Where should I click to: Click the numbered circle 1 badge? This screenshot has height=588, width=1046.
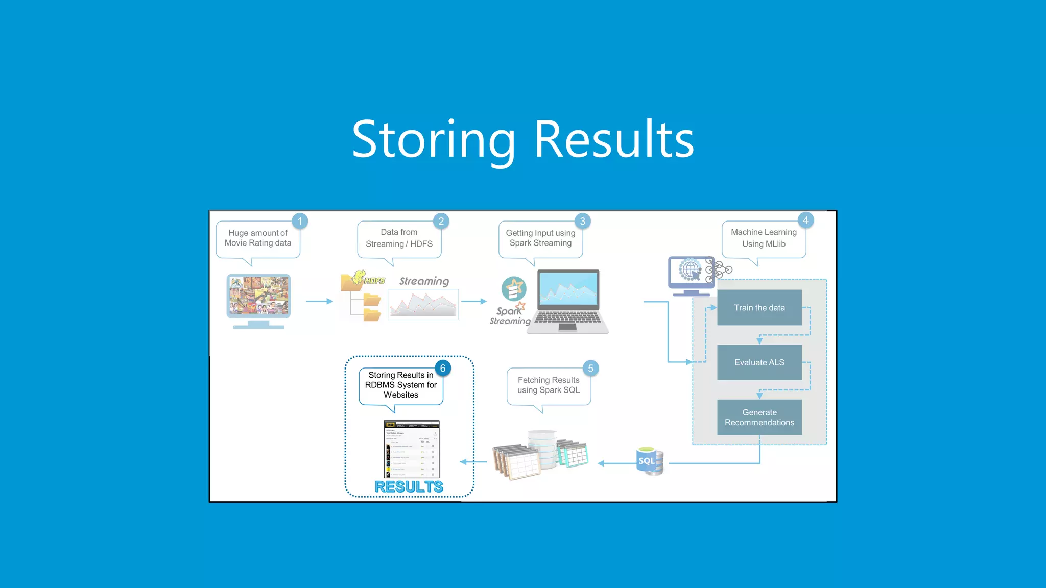300,221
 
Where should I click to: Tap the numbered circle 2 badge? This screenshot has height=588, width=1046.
441,221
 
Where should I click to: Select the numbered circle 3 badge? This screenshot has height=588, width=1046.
582,221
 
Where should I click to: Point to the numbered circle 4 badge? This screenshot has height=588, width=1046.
805,220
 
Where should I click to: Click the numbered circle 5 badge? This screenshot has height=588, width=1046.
590,368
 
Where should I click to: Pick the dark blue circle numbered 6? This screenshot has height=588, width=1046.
443,368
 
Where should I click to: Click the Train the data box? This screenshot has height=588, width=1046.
759,307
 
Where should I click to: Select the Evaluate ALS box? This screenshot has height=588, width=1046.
759,362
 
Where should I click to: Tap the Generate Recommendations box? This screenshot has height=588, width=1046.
759,417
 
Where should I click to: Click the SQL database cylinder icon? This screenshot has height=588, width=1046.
650,461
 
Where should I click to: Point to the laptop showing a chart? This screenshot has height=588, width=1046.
568,301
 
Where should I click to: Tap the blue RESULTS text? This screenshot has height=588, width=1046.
409,486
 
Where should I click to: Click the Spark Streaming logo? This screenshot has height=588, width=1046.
511,301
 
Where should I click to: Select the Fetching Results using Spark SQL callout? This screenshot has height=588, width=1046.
549,385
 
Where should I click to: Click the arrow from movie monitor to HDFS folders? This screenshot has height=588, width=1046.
319,301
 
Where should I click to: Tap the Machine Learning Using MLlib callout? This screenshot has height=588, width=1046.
764,238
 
